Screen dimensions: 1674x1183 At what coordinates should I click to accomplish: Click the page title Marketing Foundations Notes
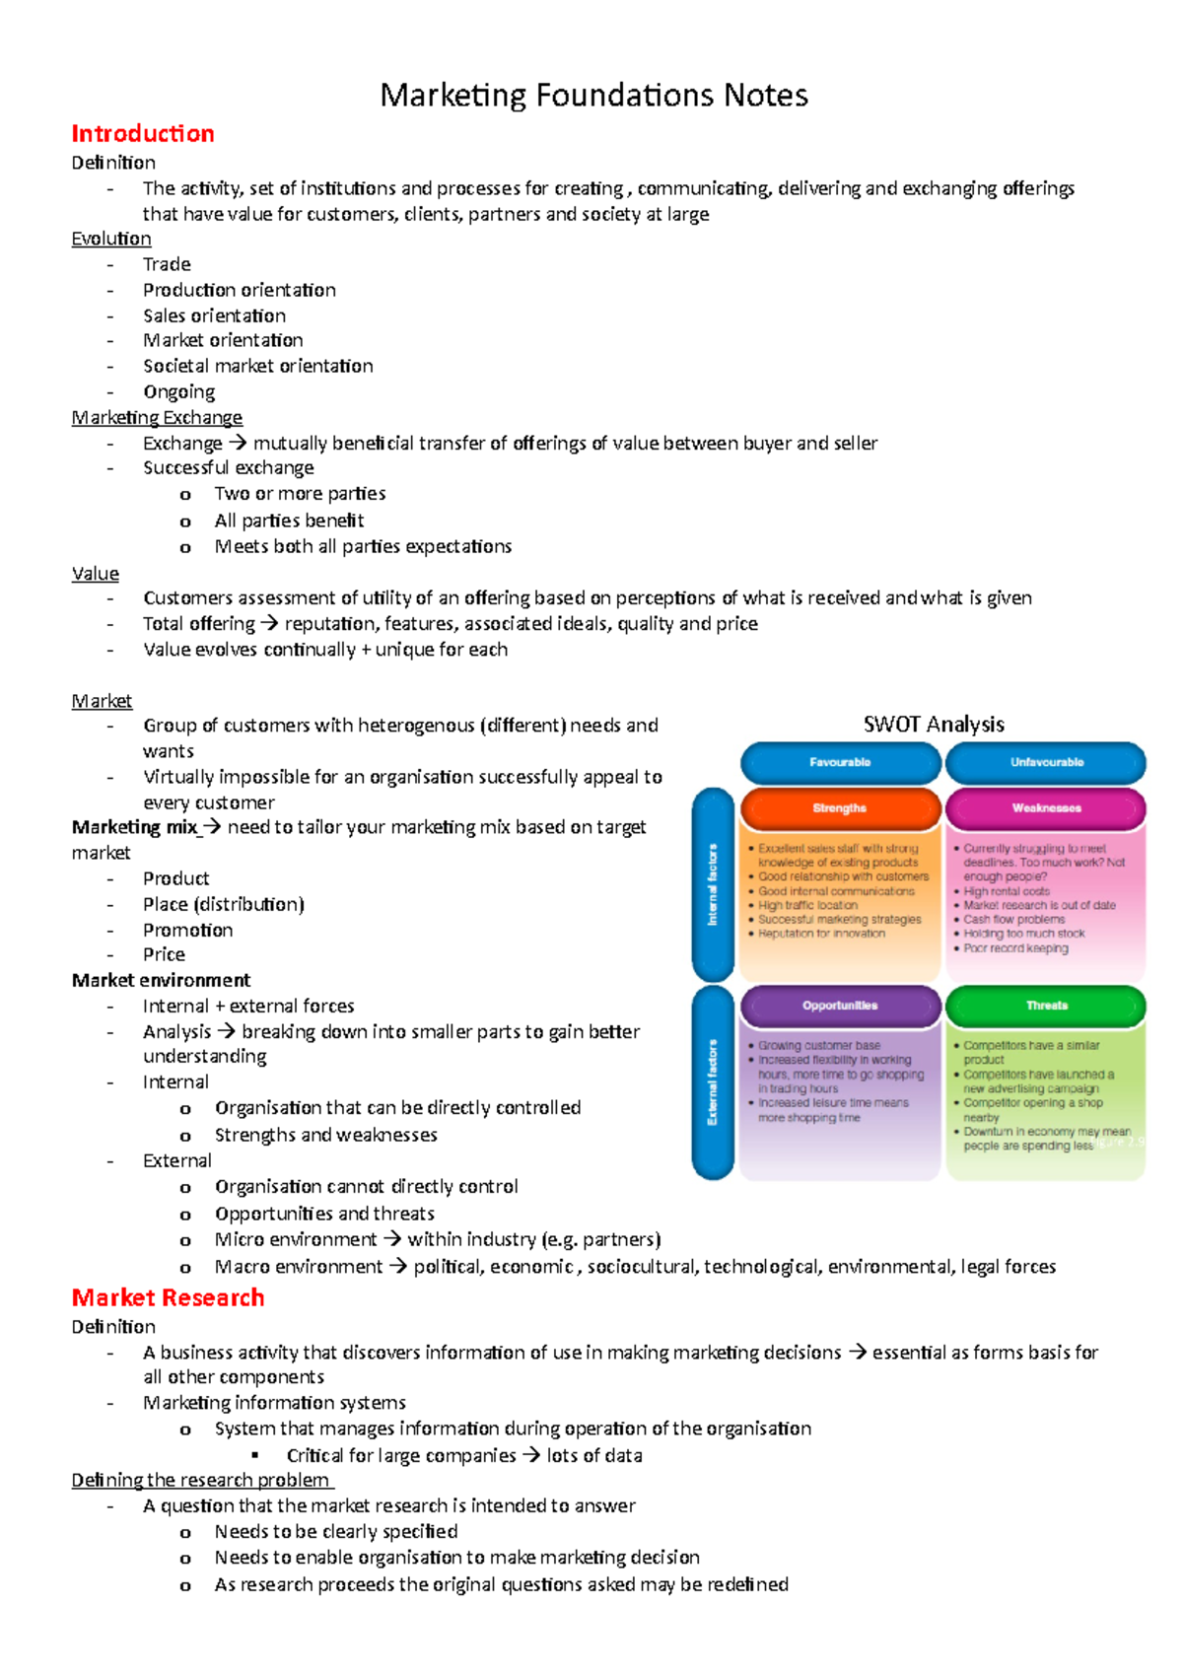click(x=593, y=96)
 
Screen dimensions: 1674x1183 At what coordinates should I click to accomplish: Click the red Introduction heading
click(x=143, y=134)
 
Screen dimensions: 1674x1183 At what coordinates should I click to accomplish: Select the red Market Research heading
click(x=168, y=1297)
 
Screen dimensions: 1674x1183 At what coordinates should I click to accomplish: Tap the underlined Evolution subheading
click(x=111, y=239)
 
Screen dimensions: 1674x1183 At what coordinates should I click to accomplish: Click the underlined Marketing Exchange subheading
click(x=157, y=417)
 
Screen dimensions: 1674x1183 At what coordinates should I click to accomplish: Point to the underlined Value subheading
click(x=96, y=573)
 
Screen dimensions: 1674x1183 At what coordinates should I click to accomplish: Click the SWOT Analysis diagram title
click(x=933, y=724)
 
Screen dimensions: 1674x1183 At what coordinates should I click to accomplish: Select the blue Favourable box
click(x=840, y=762)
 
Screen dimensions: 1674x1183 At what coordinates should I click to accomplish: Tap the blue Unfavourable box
click(x=1046, y=762)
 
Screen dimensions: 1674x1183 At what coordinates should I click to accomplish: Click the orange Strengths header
click(x=840, y=807)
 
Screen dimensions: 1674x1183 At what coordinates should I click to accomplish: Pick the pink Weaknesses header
click(x=1046, y=807)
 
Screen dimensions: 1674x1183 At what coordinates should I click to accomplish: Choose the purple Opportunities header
click(x=840, y=1006)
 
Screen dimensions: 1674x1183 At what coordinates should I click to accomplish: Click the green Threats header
click(x=1046, y=1006)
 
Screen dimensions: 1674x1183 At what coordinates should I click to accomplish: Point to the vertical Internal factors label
click(x=713, y=884)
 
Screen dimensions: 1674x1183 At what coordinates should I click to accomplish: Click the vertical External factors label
click(x=713, y=1082)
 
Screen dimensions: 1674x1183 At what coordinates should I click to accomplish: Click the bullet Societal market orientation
click(x=257, y=366)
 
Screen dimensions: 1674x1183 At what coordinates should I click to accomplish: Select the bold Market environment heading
click(x=161, y=980)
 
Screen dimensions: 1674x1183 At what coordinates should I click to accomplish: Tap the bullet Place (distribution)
click(x=223, y=904)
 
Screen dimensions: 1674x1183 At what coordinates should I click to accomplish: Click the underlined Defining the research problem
click(x=202, y=1480)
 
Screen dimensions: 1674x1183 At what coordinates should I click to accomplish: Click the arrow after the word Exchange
click(x=238, y=444)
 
